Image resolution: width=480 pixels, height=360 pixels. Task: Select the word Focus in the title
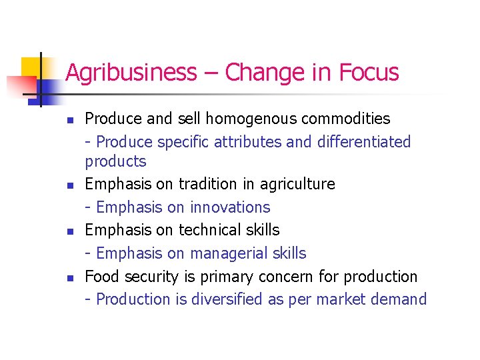click(x=369, y=72)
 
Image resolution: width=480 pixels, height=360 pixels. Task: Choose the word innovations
click(x=230, y=207)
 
